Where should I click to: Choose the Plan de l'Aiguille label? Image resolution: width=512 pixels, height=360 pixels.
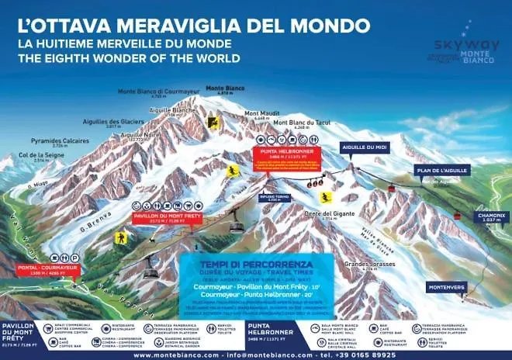click(x=434, y=170)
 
